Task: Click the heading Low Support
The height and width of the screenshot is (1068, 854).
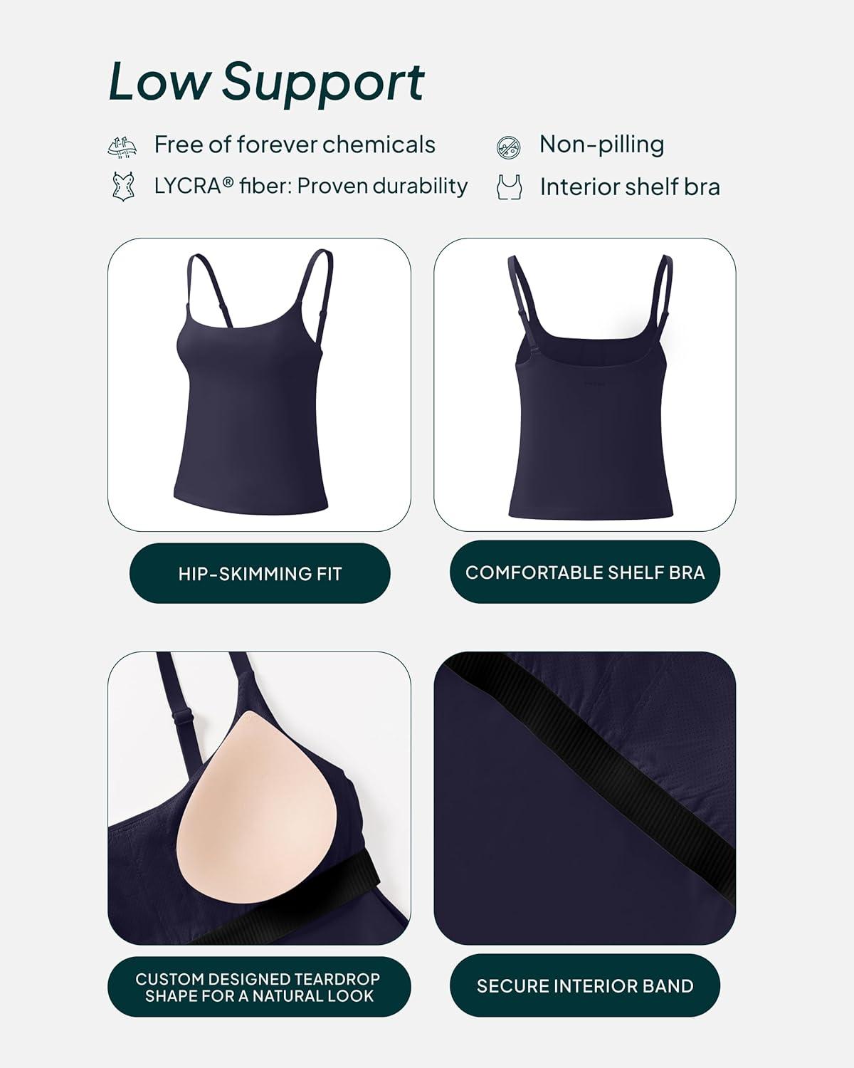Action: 266,83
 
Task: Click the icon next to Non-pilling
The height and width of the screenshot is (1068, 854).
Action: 509,147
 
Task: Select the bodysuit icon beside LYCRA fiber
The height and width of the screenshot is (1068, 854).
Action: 122,187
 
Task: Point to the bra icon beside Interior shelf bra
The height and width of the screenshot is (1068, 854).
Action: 509,187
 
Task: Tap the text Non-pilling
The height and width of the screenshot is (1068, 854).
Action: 601,145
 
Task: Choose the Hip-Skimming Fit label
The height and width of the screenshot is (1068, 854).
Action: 260,574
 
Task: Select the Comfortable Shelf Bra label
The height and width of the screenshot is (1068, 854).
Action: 585,572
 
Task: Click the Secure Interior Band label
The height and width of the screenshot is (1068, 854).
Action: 585,986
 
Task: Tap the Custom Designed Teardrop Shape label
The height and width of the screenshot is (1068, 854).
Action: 259,987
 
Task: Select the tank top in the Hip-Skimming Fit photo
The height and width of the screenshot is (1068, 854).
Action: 252,382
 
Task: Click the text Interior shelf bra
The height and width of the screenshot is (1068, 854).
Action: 630,187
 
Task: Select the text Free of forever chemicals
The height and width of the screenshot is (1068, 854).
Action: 295,145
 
